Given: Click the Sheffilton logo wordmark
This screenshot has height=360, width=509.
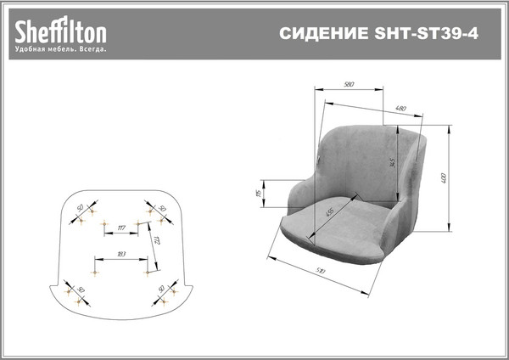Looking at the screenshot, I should click(x=59, y=32).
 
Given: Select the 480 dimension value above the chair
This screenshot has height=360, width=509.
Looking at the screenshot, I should click(x=400, y=108).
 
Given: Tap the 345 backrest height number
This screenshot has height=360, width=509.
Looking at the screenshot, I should click(x=393, y=161).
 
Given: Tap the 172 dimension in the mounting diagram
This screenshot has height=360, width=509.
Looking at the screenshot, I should click(x=156, y=245).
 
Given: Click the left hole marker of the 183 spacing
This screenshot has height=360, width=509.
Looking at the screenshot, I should click(x=93, y=272).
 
